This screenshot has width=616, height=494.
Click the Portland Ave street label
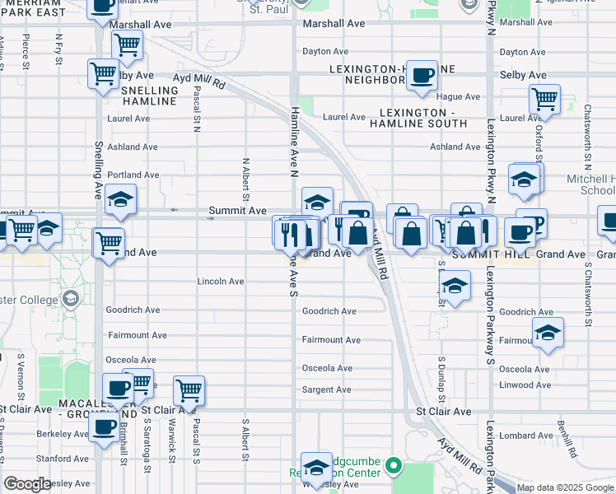[x=133, y=175]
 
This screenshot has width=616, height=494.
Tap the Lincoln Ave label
[x=220, y=282]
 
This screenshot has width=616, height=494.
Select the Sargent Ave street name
[x=327, y=389]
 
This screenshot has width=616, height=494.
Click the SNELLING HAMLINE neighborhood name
[x=149, y=96]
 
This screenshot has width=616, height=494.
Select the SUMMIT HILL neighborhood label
[x=493, y=254]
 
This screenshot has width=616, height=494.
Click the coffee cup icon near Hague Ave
[x=422, y=76]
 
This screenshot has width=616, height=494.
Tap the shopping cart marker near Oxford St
[x=544, y=100]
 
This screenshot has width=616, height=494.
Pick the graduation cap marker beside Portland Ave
[x=120, y=200]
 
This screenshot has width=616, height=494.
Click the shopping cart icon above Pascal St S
[x=189, y=390]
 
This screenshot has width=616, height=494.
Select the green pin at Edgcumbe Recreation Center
[x=394, y=466]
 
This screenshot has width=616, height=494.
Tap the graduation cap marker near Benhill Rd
[x=548, y=333]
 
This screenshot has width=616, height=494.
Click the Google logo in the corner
[x=28, y=484]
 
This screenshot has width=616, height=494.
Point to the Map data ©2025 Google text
[x=564, y=487]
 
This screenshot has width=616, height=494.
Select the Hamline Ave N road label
[x=292, y=140]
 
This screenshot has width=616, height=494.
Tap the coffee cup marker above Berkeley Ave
[x=104, y=428]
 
